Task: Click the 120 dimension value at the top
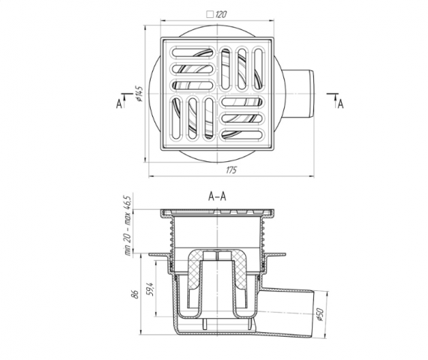(221, 14)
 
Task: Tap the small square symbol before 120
(210, 14)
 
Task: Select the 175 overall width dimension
(232, 170)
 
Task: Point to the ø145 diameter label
(139, 94)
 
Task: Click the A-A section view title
(217, 196)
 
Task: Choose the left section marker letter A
(119, 103)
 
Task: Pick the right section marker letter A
(340, 103)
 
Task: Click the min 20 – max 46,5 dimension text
(128, 226)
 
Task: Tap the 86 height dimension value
(136, 294)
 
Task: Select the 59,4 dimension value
(151, 289)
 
